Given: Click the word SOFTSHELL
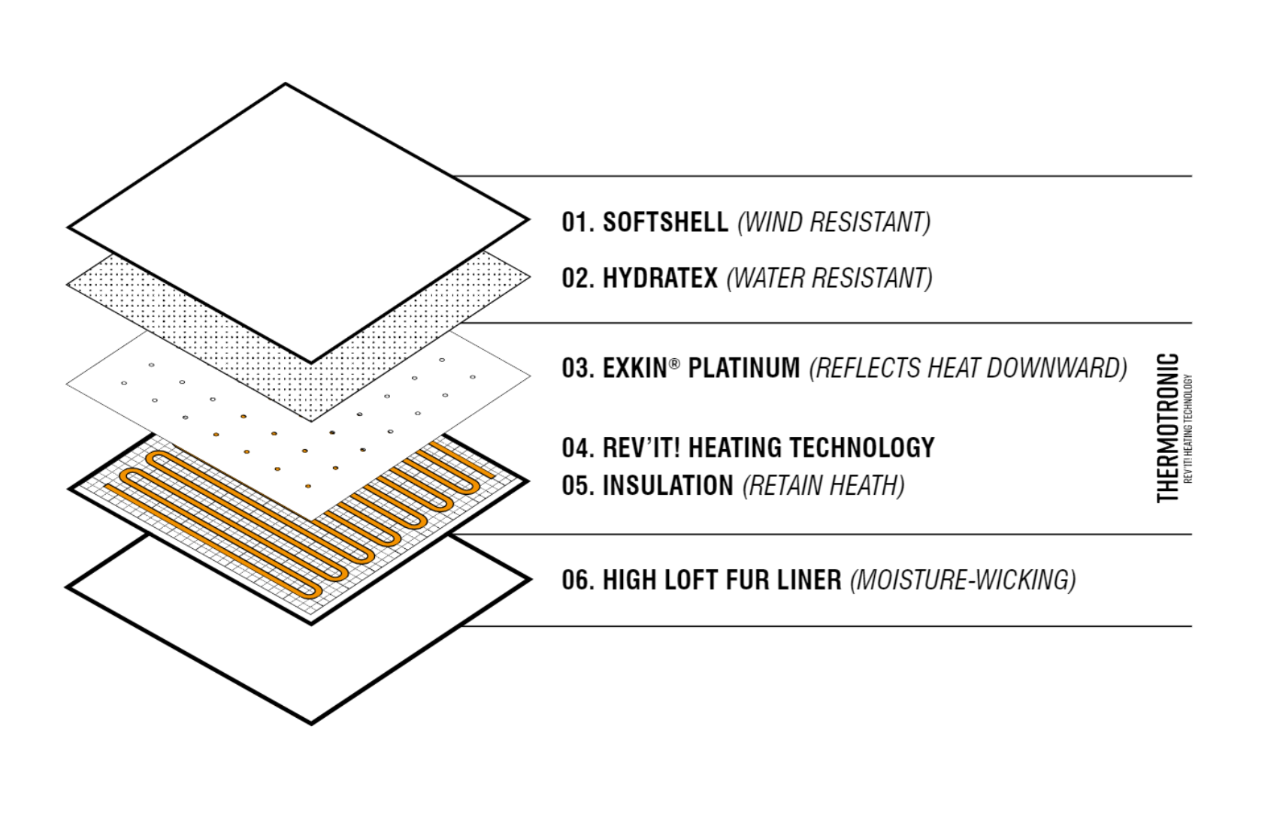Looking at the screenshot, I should click(x=665, y=222).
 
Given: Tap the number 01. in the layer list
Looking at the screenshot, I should click(x=578, y=222).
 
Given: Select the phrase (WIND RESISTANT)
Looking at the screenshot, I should click(x=834, y=222).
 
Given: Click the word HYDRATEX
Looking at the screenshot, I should click(x=660, y=279).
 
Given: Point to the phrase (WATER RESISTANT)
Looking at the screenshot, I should click(x=829, y=279).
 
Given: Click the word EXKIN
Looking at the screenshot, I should click(x=634, y=369).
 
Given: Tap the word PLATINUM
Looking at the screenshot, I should click(x=744, y=369).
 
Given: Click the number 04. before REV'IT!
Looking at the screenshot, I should click(x=578, y=448).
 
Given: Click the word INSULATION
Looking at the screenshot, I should click(x=667, y=486).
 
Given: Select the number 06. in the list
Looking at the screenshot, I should click(x=578, y=580).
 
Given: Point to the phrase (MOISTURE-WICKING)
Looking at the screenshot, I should click(x=963, y=580).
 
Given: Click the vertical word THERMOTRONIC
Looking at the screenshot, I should click(x=1167, y=428).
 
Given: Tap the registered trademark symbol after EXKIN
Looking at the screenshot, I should click(x=674, y=363).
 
